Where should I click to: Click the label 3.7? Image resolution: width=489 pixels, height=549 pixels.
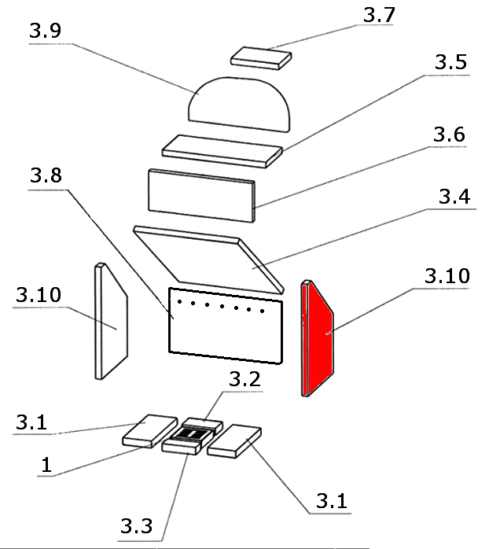coord(380,14)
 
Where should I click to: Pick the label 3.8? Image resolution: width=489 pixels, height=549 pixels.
coord(47,177)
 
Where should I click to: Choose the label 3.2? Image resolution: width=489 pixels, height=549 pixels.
coord(244,380)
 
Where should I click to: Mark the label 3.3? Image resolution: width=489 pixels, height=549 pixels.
coord(137,525)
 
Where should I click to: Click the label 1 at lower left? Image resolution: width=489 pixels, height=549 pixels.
coord(46,466)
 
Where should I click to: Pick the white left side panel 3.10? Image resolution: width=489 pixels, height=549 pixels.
coord(111,322)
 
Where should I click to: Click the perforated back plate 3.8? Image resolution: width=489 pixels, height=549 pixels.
coord(226,330)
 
